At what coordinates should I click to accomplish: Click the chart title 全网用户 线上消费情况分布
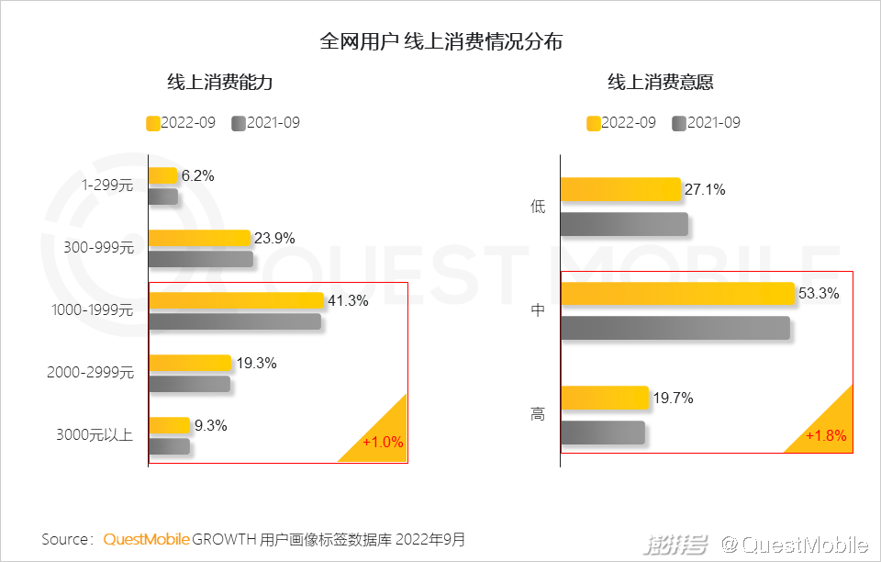pyautogui.click(x=440, y=41)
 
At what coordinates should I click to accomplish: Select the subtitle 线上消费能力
pyautogui.click(x=220, y=83)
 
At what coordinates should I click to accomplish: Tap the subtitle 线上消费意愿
pyautogui.click(x=661, y=83)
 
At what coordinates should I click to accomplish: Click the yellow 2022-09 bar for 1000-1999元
pyautogui.click(x=237, y=300)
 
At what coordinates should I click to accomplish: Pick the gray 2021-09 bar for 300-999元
pyautogui.click(x=201, y=259)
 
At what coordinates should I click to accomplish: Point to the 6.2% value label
pyautogui.click(x=197, y=175)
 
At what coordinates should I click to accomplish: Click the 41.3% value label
pyautogui.click(x=349, y=300)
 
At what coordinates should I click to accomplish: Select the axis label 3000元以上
pyautogui.click(x=95, y=435)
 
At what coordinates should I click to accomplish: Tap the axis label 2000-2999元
pyautogui.click(x=90, y=373)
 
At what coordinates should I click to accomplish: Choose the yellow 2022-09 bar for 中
pyautogui.click(x=676, y=293)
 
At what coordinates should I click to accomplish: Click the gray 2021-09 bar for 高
pyautogui.click(x=602, y=433)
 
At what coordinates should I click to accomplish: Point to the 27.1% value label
pyautogui.click(x=705, y=190)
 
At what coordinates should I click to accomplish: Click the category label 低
pyautogui.click(x=538, y=207)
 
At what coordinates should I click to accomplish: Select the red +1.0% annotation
pyautogui.click(x=383, y=443)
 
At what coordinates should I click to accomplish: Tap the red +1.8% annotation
pyautogui.click(x=826, y=435)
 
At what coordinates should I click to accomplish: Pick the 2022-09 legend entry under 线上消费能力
pyautogui.click(x=181, y=123)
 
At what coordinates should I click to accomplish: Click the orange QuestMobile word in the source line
pyautogui.click(x=146, y=539)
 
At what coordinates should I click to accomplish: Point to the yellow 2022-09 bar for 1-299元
pyautogui.click(x=163, y=175)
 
